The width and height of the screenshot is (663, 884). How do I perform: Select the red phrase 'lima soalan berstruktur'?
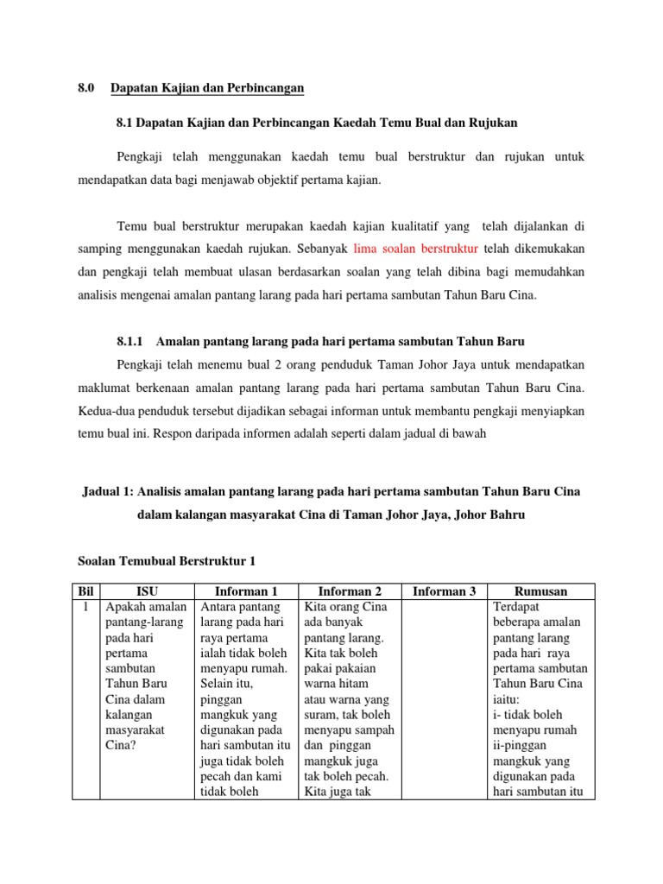pos(416,249)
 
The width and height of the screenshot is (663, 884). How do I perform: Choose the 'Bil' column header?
pos(85,591)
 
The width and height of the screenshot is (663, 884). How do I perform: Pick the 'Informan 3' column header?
pos(444,591)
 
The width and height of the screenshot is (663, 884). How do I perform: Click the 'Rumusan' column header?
pos(540,591)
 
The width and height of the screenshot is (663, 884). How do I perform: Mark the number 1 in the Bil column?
pos(85,607)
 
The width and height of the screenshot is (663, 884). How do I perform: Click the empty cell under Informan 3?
pos(444,699)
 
